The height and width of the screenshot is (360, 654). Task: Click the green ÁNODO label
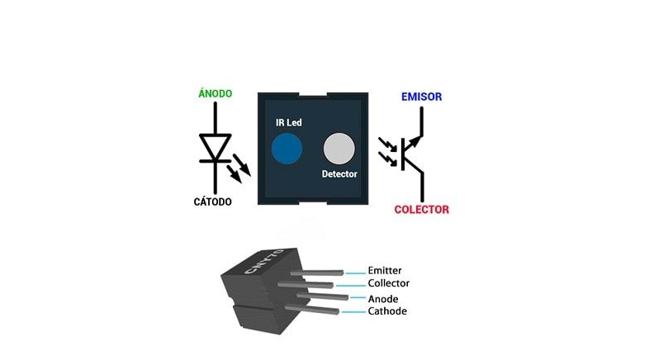216,94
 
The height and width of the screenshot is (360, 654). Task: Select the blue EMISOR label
421,97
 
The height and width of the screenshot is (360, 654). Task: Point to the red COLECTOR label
421,210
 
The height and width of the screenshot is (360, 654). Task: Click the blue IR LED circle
287,148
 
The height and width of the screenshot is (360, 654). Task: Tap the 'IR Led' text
288,122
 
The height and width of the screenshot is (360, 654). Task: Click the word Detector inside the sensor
339,175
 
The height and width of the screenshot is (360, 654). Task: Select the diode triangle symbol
216,148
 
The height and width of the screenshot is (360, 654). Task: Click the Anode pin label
383,298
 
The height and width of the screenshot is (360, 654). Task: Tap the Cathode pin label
386,311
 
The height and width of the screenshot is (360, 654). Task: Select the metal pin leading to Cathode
318,308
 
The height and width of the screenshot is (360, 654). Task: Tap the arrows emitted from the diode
239,168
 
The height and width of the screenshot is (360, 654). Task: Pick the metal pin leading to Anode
326,296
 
